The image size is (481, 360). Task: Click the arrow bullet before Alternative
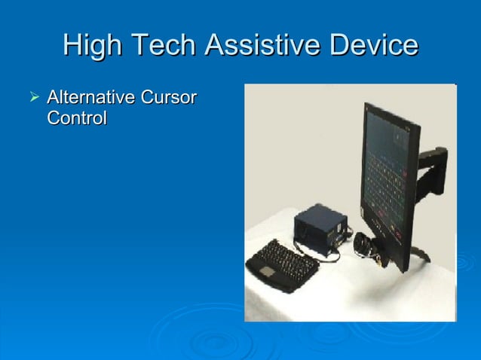32,98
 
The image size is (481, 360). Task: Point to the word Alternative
87,99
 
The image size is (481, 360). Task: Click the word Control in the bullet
76,119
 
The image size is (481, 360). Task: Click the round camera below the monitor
366,245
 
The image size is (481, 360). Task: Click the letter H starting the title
72,47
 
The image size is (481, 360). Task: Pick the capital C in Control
53,119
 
